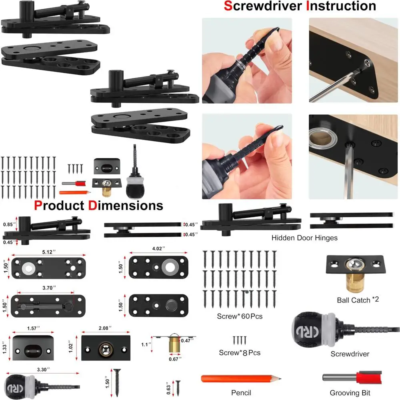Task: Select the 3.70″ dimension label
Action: click(x=49, y=288)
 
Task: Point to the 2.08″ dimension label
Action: click(x=106, y=328)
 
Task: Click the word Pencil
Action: click(x=241, y=393)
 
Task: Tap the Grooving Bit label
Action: click(x=350, y=393)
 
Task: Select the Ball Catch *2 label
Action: click(x=358, y=300)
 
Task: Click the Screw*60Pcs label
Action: click(x=240, y=316)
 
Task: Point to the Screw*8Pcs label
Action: click(x=240, y=352)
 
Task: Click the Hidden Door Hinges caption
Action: click(x=304, y=238)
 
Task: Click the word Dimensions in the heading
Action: click(x=126, y=206)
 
